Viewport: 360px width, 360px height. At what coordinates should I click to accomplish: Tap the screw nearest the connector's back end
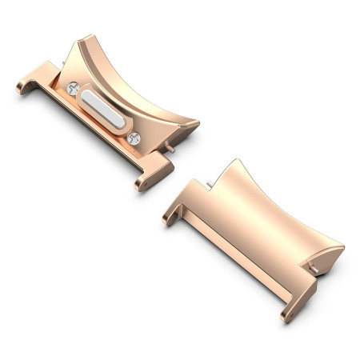point(74,90)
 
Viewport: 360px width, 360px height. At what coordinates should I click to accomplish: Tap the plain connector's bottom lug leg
point(291,308)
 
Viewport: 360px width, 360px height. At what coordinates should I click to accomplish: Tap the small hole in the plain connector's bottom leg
point(286,314)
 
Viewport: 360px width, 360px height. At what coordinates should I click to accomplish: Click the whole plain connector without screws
point(256,232)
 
